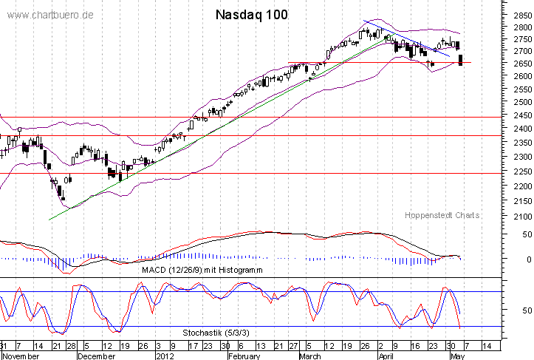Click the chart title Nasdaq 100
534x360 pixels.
pos(252,15)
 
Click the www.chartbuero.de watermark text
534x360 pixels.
pos(49,16)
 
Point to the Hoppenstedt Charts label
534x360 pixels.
pos(442,215)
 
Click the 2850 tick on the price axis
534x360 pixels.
pos(519,15)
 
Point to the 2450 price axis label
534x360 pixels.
pos(519,117)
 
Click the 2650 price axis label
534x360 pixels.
pos(519,64)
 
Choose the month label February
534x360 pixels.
pos(245,355)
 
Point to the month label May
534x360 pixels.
pos(457,355)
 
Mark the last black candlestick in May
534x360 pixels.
pos(461,60)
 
